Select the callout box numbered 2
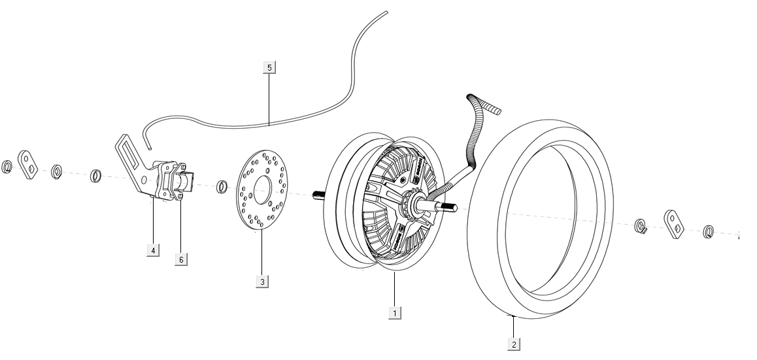click(x=514, y=344)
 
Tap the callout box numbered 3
click(x=261, y=282)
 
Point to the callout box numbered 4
click(x=153, y=250)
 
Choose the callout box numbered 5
click(x=269, y=67)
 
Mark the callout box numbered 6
click(x=181, y=259)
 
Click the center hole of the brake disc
click(x=263, y=190)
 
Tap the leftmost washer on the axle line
click(x=7, y=166)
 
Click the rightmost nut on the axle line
click(x=708, y=231)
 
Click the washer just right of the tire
click(x=640, y=227)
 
